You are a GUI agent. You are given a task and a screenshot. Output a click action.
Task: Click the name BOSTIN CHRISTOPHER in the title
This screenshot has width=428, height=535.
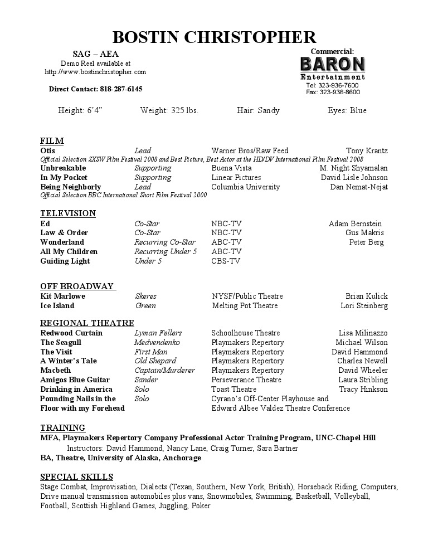tap(214, 37)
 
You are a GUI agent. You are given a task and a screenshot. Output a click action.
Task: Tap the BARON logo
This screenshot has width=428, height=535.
tap(332, 65)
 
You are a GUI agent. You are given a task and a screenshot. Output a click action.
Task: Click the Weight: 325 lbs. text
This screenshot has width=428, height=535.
tap(169, 110)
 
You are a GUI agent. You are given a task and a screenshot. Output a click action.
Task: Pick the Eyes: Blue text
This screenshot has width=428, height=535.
tap(347, 110)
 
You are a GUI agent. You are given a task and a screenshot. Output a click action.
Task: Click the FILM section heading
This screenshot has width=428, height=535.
tap(52, 140)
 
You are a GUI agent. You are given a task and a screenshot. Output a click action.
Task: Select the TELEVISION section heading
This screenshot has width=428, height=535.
tap(68, 213)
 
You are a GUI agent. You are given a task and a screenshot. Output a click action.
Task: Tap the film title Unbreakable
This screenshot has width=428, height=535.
tap(63, 168)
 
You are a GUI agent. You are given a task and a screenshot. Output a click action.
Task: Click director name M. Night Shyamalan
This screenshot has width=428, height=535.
tap(353, 168)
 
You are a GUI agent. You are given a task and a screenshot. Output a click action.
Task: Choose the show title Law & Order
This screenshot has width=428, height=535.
tap(64, 232)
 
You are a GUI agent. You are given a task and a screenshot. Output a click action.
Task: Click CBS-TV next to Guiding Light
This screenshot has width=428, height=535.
tap(226, 261)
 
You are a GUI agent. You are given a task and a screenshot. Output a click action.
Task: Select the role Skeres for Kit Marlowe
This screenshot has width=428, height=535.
tap(145, 296)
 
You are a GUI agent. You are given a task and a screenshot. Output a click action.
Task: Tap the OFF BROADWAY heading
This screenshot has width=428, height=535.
tap(77, 286)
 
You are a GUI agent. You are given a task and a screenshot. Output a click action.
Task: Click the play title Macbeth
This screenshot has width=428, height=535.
tap(56, 370)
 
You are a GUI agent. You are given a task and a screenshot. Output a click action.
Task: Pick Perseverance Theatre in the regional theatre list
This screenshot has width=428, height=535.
tap(246, 380)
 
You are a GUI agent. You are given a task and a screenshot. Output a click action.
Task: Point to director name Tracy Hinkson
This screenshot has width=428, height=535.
tap(363, 389)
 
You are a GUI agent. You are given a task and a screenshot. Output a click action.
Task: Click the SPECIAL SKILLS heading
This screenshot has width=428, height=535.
tap(76, 477)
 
